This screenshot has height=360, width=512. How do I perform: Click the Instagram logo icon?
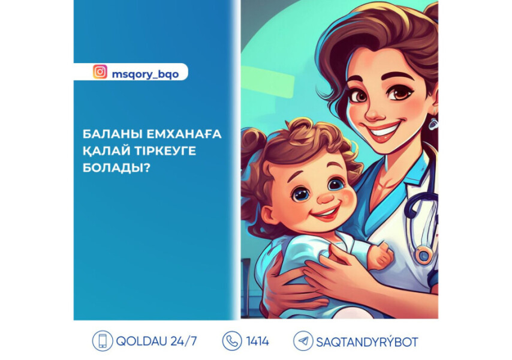[x=100, y=72]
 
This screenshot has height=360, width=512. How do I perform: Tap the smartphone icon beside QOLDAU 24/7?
[x=103, y=341]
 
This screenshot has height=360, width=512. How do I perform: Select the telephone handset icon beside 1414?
[x=231, y=341]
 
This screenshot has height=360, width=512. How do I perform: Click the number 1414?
[x=258, y=341]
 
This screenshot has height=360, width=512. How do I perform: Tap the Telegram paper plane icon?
[x=303, y=341]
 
